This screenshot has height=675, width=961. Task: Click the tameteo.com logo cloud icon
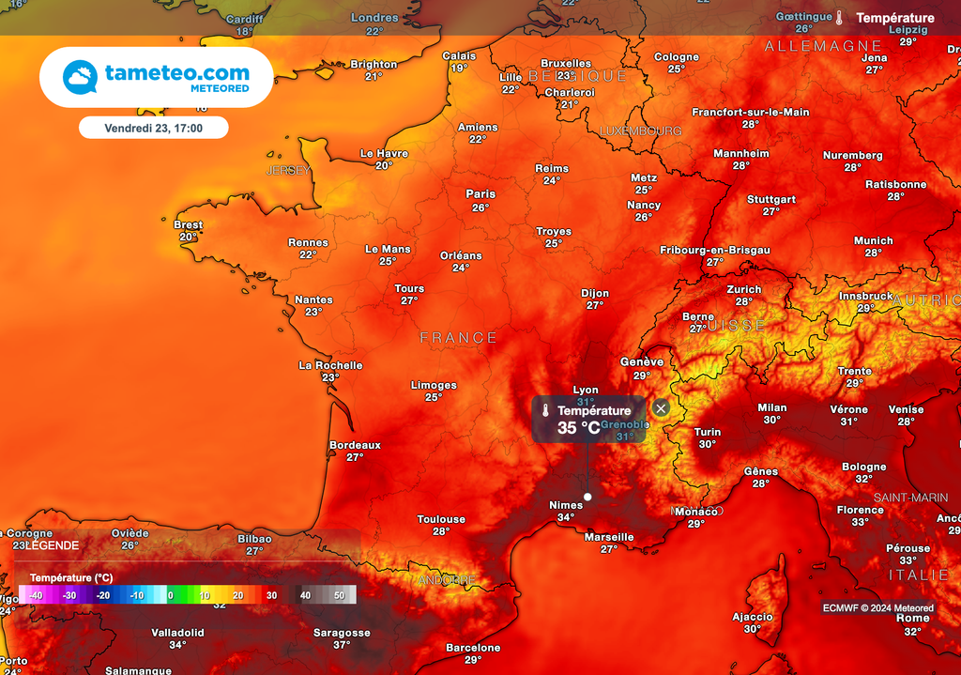point(80,77)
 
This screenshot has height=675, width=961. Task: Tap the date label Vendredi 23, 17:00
point(153,127)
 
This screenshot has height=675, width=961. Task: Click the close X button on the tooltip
point(661,408)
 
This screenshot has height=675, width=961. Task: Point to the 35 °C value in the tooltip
point(578,428)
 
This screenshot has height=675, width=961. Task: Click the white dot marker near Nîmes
point(587,497)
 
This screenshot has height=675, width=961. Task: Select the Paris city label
point(480,194)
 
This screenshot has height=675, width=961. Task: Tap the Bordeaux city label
point(355,445)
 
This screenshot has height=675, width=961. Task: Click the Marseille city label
point(609,537)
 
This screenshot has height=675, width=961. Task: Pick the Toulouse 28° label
point(441,525)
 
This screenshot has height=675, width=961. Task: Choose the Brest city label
point(188,225)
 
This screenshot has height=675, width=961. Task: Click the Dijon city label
point(595,294)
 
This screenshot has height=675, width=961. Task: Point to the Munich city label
point(873,241)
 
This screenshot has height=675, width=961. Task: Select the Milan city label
point(771,407)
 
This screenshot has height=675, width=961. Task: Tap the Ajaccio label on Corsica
point(753,617)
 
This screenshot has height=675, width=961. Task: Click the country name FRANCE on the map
point(458,337)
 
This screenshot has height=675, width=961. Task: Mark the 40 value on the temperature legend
point(305,595)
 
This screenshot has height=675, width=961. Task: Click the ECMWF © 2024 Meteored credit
point(877,608)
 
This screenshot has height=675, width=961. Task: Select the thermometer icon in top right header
point(839,18)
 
